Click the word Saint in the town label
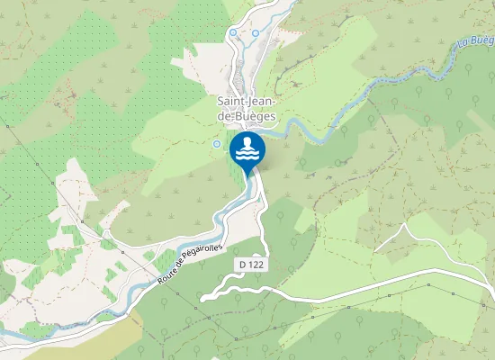[233, 102]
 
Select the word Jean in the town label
[263, 102]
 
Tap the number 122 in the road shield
[261, 264]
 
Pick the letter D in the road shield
[245, 264]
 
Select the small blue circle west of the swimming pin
[216, 143]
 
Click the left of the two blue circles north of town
[233, 32]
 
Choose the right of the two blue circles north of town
[256, 33]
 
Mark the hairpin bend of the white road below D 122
[203, 296]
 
